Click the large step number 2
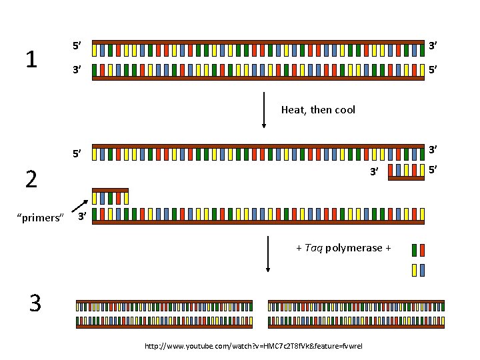31,179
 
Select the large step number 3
35,303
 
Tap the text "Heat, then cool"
318,109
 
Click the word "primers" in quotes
39,218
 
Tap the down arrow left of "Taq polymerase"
268,253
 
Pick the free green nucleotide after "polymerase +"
415,250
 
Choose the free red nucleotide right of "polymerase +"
422,250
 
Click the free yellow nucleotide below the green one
415,270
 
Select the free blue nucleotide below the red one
422,270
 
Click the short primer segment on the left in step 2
110,195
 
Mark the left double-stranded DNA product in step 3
165,314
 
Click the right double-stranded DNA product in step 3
355,314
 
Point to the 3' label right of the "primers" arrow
81,217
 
